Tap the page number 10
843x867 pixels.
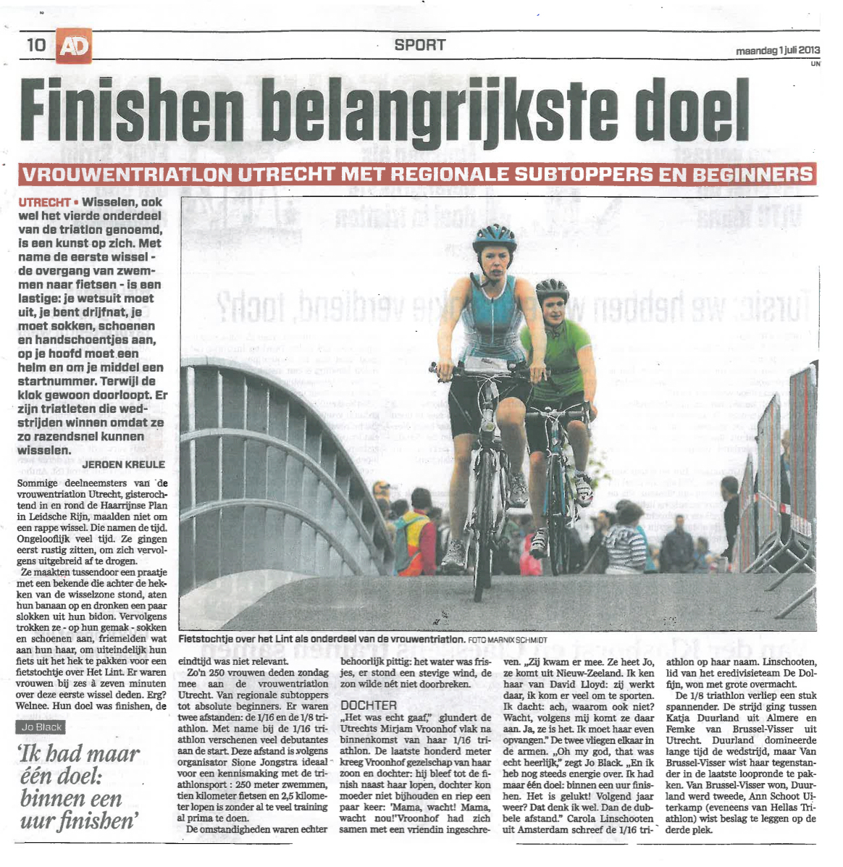[x=36, y=45]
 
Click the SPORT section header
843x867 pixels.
[x=419, y=45]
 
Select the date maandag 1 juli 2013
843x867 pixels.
[x=777, y=50]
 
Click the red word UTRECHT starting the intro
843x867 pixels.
[x=44, y=202]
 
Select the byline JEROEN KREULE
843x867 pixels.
[x=124, y=464]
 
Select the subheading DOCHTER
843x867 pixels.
[x=369, y=705]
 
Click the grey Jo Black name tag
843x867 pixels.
[x=41, y=727]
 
